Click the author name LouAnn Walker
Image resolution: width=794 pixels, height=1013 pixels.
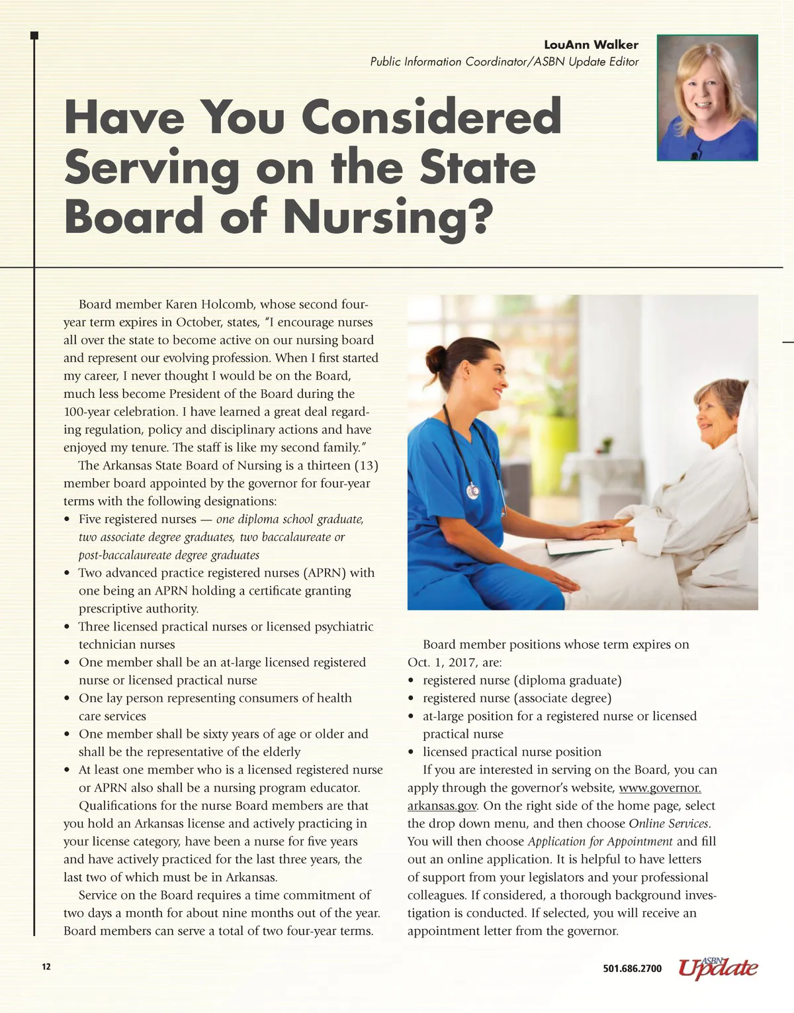591,45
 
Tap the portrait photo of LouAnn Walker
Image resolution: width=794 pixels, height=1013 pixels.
707,98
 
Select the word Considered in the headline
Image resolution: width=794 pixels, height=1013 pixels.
432,117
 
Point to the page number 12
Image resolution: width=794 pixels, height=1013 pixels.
46,967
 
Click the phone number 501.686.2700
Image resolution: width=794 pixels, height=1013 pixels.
632,969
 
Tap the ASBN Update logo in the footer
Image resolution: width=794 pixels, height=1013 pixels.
718,967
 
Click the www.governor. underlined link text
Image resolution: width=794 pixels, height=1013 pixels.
660,788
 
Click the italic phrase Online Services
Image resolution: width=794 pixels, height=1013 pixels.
669,824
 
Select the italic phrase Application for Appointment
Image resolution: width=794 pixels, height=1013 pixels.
600,842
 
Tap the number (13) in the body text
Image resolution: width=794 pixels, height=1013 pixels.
366,465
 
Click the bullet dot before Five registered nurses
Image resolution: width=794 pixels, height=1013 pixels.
67,520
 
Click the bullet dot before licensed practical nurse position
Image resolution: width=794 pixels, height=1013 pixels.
411,752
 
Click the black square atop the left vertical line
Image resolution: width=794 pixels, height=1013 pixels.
34,35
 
